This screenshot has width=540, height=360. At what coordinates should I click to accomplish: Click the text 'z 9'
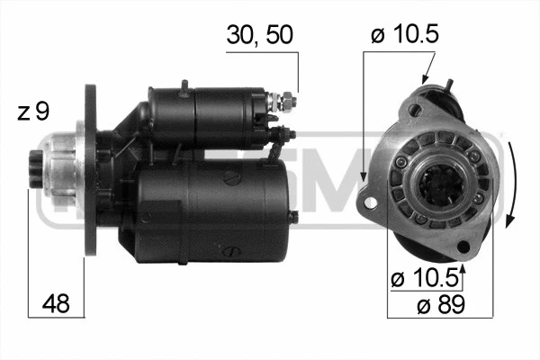point(33,112)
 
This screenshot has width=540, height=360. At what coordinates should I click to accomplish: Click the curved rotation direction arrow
point(511,180)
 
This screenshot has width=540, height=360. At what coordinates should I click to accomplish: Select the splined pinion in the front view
point(440,185)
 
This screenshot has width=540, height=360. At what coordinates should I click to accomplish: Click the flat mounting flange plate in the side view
point(90,171)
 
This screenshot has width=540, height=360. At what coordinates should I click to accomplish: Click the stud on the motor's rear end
point(293,217)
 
